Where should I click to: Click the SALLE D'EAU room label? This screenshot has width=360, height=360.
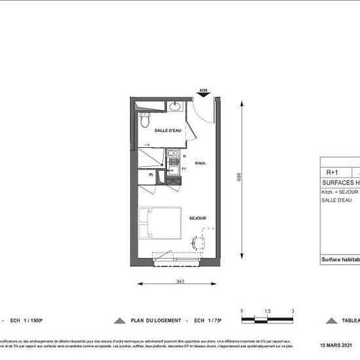tap(168, 130)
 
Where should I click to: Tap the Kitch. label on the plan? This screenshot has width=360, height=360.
tap(201, 162)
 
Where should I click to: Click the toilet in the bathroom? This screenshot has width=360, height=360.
tap(145, 119)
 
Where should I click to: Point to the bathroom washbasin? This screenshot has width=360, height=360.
tap(175, 107)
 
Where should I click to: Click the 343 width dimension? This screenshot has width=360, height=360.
tap(176, 282)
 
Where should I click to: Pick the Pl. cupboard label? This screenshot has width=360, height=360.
tap(151, 175)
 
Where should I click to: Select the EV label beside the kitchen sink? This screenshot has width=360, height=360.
tap(184, 169)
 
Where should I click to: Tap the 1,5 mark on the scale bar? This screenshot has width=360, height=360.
tap(267, 311)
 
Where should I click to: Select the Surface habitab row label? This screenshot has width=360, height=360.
tap(340, 259)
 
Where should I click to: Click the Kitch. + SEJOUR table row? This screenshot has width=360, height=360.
tap(340, 192)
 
